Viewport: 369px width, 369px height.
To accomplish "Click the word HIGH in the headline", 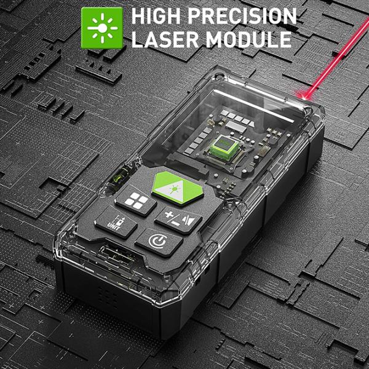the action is click(x=157, y=16).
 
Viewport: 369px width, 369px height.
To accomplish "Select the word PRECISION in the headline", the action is click(x=242, y=16).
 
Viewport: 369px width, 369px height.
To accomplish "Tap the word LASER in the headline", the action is click(x=165, y=39).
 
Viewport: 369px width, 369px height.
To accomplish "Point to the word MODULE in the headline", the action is click(x=248, y=39).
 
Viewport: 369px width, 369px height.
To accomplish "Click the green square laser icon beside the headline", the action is click(x=102, y=28).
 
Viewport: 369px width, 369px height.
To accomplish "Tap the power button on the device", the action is click(x=159, y=242).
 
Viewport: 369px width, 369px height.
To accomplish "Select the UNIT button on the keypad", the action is click(x=116, y=222).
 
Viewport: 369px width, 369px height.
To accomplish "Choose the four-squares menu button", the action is click(x=136, y=200).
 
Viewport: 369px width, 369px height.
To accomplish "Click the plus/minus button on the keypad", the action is click(x=178, y=220).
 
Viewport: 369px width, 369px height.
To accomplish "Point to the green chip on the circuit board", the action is click(x=222, y=147).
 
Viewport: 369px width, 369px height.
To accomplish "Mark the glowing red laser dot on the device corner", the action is click(x=304, y=97).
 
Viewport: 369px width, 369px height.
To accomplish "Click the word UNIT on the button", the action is click(x=114, y=226).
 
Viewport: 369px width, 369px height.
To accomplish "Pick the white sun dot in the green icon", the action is click(x=103, y=28).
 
